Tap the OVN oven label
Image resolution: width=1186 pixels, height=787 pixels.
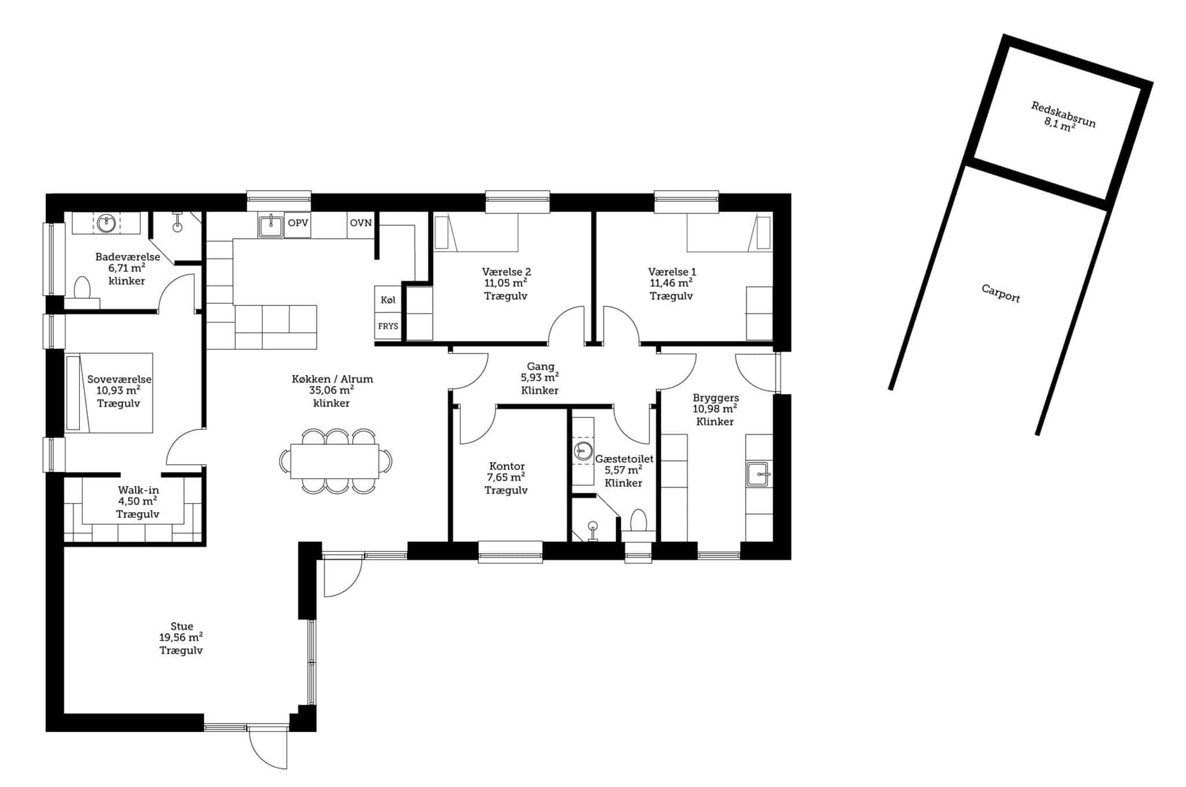361,223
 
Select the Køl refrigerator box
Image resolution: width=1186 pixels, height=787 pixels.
388,300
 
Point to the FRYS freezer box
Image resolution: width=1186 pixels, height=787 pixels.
388,326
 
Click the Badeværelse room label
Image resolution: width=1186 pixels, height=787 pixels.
127,257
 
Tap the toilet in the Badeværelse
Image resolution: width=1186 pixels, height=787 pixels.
83,292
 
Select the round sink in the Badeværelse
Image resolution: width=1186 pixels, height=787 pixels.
106,223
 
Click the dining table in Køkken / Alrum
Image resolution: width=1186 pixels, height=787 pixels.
335,461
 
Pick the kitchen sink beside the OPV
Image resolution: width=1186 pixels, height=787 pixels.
270,225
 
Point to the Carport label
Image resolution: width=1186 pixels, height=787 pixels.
1001,293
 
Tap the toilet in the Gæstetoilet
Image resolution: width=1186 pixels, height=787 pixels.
638,524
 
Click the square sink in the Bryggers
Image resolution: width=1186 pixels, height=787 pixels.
759,474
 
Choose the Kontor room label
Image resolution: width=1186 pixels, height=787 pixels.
507,466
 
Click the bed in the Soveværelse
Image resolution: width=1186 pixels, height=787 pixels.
109,393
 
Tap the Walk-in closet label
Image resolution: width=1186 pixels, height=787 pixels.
138,490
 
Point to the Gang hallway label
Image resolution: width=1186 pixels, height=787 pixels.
540,366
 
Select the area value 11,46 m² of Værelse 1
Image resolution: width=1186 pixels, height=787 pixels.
671,284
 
